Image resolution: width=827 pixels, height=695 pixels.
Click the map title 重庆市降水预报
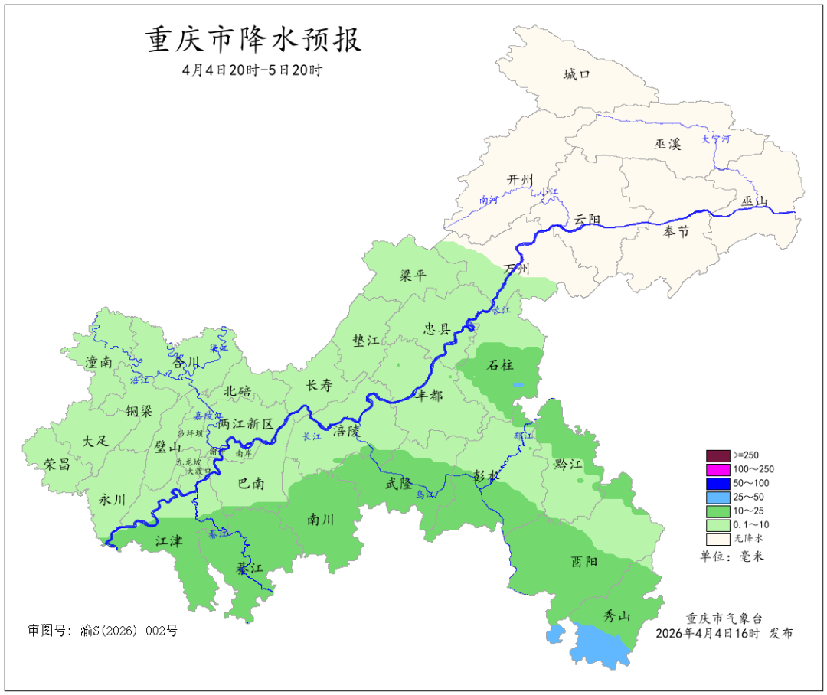click(x=253, y=40)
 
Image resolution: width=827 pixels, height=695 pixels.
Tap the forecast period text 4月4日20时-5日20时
click(x=253, y=70)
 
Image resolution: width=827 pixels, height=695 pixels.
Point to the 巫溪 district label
click(x=667, y=144)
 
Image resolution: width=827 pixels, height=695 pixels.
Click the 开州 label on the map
click(x=520, y=179)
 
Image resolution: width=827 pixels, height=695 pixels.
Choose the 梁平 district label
click(x=413, y=276)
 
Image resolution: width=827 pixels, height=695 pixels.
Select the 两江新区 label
click(x=245, y=423)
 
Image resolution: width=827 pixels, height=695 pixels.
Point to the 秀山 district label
click(x=618, y=616)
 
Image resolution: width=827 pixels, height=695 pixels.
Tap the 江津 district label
click(x=169, y=541)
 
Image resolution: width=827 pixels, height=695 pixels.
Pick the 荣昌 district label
click(x=56, y=464)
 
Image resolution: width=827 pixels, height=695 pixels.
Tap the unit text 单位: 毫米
click(x=732, y=556)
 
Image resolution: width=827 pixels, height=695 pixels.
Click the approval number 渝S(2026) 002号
click(x=103, y=631)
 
